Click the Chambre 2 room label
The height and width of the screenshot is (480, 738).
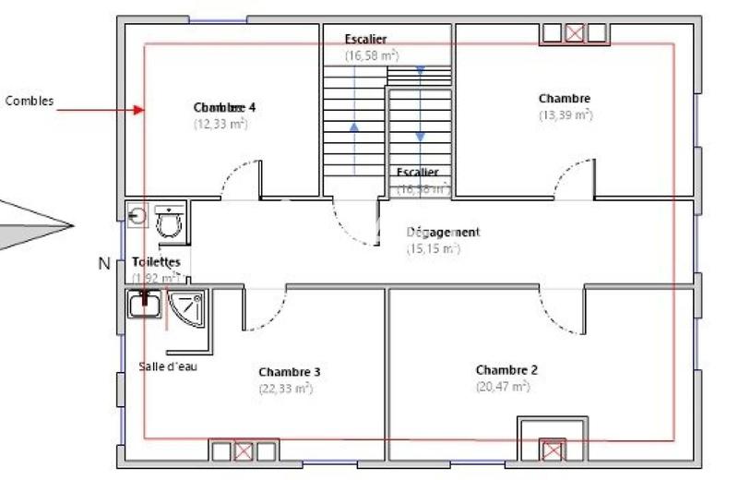506,370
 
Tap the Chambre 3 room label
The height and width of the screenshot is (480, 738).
290,372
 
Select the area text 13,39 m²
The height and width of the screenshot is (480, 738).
565,115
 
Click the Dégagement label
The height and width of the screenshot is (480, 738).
443,233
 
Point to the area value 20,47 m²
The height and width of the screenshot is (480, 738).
503,387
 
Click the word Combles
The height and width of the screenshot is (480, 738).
30,102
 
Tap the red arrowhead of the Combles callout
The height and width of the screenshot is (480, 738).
139,110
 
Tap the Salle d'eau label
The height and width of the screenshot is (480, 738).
168,366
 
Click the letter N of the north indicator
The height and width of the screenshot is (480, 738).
104,264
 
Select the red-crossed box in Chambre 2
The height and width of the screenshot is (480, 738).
551,451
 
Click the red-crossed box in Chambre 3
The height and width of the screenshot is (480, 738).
244,451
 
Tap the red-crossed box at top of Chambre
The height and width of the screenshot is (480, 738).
574,33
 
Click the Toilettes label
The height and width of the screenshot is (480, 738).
156,262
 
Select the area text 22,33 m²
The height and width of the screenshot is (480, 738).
286,389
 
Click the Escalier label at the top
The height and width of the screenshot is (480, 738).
365,40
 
